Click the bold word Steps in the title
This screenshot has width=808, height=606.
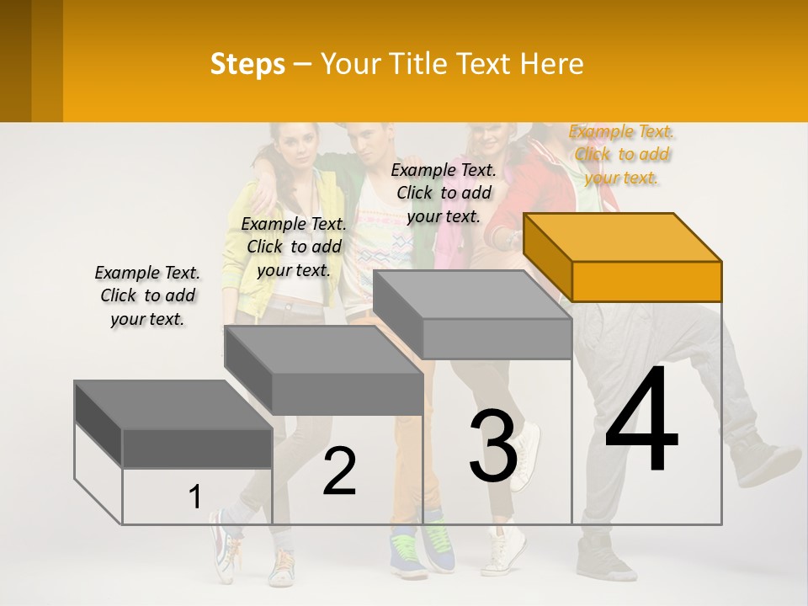(247, 64)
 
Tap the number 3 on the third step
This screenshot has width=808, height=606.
(493, 446)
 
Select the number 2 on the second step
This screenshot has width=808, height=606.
(339, 471)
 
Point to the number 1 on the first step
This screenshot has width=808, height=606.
(195, 497)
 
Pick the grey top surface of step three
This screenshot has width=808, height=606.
(471, 295)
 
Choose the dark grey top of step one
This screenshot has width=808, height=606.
(173, 405)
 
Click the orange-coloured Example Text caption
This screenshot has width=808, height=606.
(621, 155)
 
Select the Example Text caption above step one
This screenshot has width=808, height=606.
(147, 295)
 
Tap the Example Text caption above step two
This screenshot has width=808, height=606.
(293, 247)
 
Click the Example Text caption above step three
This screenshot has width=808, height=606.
(444, 193)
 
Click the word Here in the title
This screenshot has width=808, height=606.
(553, 64)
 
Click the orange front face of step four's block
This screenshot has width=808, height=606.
(646, 281)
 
